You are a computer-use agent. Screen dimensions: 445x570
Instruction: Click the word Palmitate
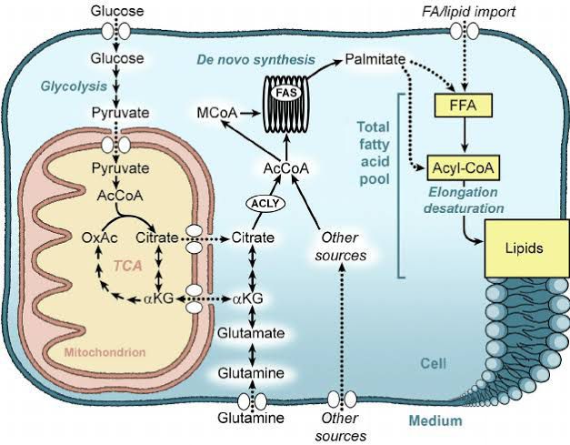point(375,61)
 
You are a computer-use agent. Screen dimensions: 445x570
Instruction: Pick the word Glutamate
point(249,334)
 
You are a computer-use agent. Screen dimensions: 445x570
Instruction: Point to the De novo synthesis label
point(255,60)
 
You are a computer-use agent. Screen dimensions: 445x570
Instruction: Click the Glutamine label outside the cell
point(249,418)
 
